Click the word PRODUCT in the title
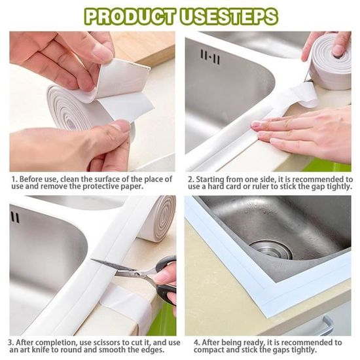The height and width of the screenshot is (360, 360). point(130,16)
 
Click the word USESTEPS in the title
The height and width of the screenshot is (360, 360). point(229,16)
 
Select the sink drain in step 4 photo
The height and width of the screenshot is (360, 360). point(271,249)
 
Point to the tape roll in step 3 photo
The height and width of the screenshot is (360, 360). point(158,218)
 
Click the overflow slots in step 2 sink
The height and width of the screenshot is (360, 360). point(210,56)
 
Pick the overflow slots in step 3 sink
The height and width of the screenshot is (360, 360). point(15,217)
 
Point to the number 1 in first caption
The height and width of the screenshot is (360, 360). point(14,179)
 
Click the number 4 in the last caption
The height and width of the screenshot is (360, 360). point(197,343)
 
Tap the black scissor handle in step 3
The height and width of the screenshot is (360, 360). point(166,279)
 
